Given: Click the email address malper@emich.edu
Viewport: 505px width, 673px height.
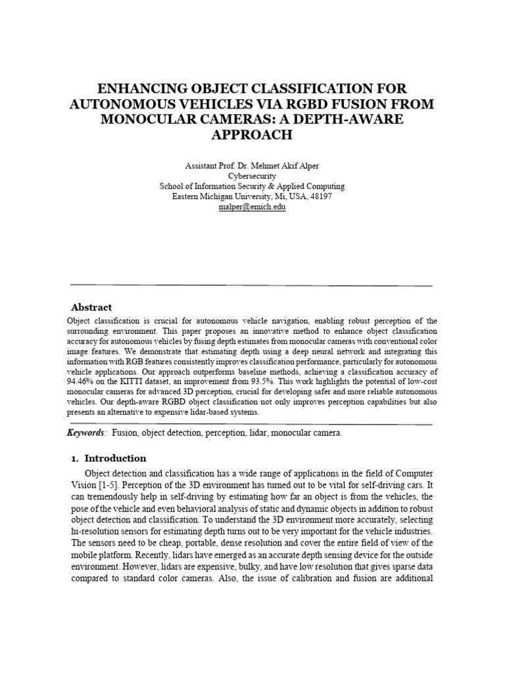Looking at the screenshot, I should point(252,206).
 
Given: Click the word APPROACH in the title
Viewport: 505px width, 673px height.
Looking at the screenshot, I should point(252,135).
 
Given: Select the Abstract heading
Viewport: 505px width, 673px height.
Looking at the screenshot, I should point(91,307).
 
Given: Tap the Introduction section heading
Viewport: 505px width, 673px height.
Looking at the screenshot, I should point(115,458).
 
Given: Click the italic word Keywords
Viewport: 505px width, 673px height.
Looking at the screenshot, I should point(86,433).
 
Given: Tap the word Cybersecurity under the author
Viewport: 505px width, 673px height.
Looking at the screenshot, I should point(252,177).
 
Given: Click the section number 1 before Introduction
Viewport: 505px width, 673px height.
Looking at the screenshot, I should point(74,458).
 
